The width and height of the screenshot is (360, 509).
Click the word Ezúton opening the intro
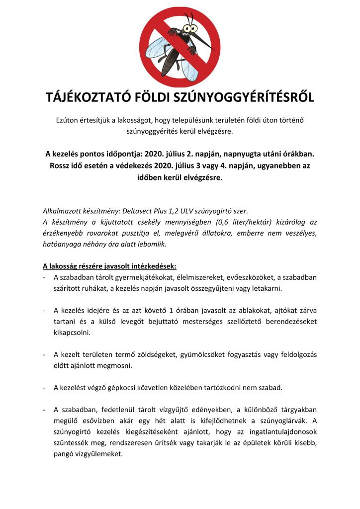pyautogui.click(x=70, y=121)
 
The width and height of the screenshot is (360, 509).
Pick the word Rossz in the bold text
pyautogui.click(x=61, y=165)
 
